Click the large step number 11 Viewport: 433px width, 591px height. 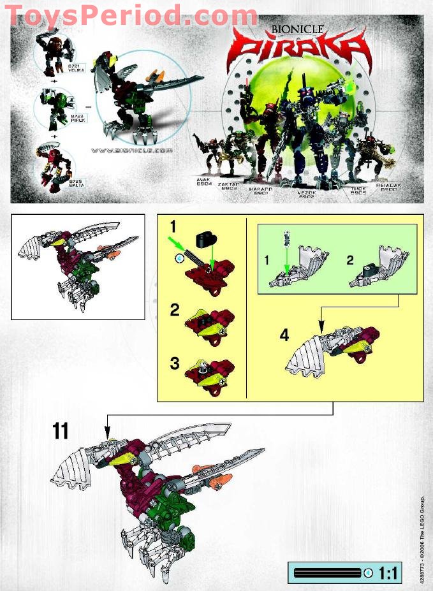(61, 432)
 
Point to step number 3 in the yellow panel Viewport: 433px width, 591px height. (174, 364)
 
